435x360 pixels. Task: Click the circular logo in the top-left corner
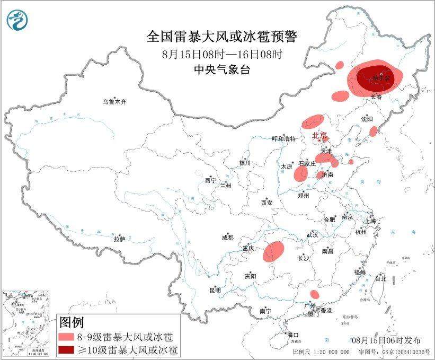point(17,20)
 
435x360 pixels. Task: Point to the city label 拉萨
point(119,239)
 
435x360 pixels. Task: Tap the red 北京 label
point(319,135)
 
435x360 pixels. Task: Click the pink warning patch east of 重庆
point(274,251)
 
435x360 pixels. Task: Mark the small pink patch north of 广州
point(314,294)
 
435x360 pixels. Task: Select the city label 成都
point(228,238)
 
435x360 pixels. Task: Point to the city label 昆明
point(215,290)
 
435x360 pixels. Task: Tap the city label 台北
point(380,278)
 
